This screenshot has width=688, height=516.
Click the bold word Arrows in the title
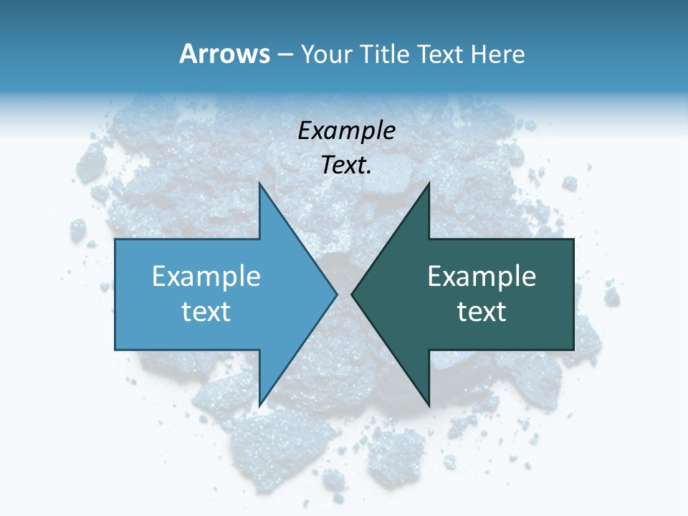coord(224,54)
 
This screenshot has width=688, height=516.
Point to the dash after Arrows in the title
coord(285,54)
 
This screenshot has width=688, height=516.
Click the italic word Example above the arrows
coord(347,130)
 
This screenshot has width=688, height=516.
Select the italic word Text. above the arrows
coord(347,166)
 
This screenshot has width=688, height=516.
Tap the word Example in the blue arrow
coord(206,276)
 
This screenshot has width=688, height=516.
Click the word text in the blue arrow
coord(206,311)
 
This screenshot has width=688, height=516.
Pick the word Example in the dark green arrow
coord(482,276)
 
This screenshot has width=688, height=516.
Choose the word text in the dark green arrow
coord(482,311)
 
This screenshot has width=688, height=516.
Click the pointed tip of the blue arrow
coord(337,294)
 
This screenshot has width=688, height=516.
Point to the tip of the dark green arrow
coord(351,294)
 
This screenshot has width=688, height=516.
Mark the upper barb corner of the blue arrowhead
coord(259,182)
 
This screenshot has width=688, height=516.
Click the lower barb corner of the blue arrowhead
coord(259,406)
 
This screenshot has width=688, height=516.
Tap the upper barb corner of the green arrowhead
coord(429,182)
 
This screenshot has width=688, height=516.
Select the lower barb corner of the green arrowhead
coord(429,406)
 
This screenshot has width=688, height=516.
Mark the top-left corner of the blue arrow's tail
coord(115,239)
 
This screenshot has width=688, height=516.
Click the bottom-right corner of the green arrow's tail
coord(573,349)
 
